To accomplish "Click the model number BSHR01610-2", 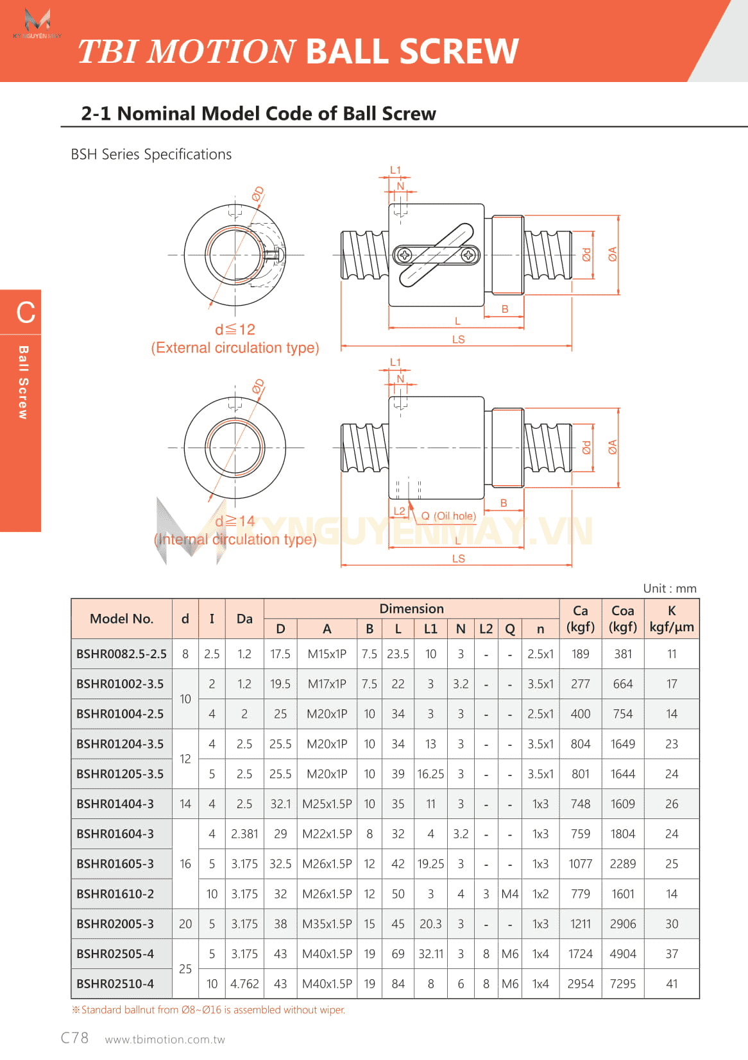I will [115, 894].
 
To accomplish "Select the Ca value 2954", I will [580, 984].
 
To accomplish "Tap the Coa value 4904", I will [622, 954].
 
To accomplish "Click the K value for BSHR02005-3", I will [671, 924].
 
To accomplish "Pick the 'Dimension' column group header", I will [411, 609].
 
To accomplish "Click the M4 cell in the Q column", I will [510, 894].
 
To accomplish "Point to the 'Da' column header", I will [244, 619].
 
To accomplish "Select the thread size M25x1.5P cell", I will [327, 804].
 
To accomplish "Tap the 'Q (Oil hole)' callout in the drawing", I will [448, 516].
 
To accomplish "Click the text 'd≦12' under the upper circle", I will [235, 329].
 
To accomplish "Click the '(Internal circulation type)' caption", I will [235, 540].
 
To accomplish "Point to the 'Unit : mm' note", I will [669, 588].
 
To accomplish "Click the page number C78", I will [74, 1038].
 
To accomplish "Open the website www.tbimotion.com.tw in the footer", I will [165, 1039].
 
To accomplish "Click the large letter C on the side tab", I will [26, 313].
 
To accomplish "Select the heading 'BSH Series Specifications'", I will [151, 154].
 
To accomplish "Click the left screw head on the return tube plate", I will [405, 255].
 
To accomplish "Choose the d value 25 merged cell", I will [185, 969].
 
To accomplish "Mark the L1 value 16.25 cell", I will [430, 774].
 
